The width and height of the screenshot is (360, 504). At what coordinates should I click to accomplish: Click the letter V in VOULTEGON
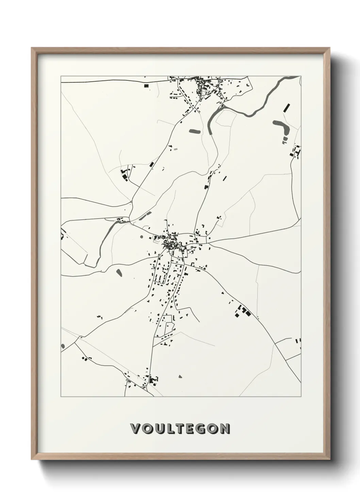[x=135, y=429]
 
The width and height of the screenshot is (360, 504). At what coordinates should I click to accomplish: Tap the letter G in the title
[x=199, y=429]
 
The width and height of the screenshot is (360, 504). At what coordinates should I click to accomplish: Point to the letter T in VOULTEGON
[x=176, y=429]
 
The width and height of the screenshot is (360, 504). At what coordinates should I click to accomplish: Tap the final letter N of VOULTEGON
[x=225, y=429]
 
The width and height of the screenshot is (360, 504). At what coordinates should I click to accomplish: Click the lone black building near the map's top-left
[x=147, y=86]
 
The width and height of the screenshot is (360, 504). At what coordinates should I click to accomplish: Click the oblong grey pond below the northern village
[x=194, y=131]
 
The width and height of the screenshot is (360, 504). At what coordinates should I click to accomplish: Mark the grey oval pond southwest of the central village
[x=119, y=272]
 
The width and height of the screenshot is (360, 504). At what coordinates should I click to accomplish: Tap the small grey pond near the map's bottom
[x=180, y=377]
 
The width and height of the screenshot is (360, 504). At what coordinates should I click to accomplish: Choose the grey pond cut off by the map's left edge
[x=63, y=346]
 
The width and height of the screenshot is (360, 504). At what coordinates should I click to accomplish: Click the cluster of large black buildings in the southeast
[x=242, y=311]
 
